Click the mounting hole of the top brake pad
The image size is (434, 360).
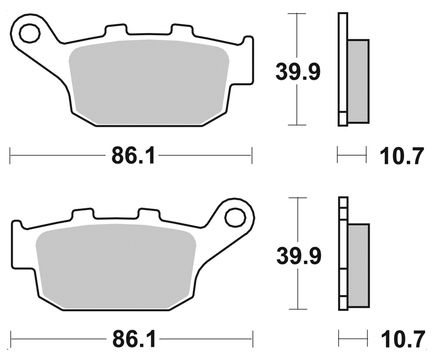[30, 34]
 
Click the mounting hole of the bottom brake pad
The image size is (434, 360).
[235, 217]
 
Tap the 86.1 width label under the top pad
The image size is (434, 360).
[133, 155]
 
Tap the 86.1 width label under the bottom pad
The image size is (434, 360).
[133, 339]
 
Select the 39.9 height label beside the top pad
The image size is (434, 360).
[298, 72]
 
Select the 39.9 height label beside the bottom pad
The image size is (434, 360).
[299, 256]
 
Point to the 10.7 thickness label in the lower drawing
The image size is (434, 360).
[403, 339]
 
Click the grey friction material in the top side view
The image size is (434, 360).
[358, 81]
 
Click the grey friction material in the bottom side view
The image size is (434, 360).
[359, 265]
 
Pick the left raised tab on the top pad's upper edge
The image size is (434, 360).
[115, 30]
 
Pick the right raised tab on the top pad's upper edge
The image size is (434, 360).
[182, 30]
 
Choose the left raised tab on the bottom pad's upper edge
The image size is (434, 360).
[82, 213]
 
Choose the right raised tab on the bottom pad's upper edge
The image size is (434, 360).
[149, 213]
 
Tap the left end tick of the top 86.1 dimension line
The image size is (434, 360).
[10, 155]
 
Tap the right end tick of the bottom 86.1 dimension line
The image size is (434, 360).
[253, 339]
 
